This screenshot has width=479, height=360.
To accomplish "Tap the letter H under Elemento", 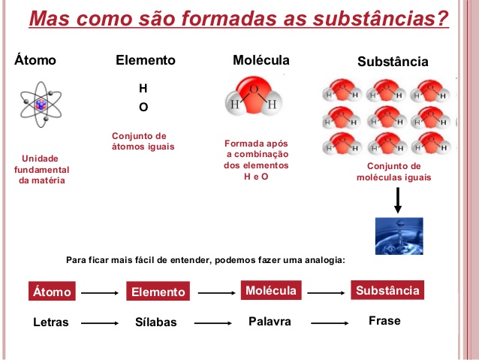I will [x=143, y=89].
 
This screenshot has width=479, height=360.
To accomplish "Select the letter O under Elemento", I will [x=143, y=107].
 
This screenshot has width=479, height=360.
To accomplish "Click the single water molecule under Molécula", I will [x=253, y=102].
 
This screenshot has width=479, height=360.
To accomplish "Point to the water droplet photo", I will [x=399, y=236].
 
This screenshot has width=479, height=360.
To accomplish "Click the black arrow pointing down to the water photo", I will [x=398, y=201].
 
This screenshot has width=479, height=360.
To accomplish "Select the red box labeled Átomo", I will [x=52, y=292].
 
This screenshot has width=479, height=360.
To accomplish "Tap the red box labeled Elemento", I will [x=158, y=292].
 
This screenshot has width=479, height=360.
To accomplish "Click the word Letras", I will [x=51, y=322].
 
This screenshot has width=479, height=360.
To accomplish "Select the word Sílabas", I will [x=156, y=322].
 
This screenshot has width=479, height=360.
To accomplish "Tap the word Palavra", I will [x=270, y=321].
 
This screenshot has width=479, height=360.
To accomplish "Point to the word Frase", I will [x=384, y=320].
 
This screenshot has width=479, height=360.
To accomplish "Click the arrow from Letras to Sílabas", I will [x=100, y=322].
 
